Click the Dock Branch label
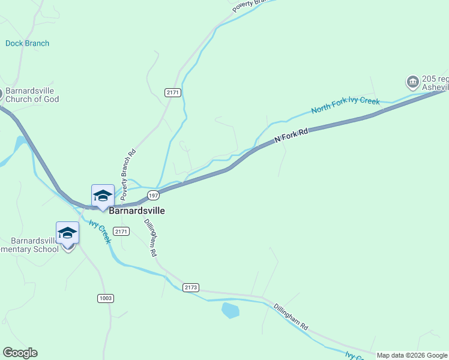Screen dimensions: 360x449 tap(27, 43)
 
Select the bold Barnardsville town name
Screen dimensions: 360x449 tap(137, 211)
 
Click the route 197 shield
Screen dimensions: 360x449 tap(154, 196)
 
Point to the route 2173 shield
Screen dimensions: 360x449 tap(190, 287)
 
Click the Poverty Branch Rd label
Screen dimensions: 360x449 tap(128, 173)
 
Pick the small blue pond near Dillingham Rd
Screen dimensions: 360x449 tap(231, 310)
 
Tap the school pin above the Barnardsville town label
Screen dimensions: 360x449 tap(103, 196)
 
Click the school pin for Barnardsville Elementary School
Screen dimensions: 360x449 tap(67, 233)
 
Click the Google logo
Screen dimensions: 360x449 tap(20, 353)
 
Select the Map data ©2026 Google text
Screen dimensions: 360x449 tap(412, 355)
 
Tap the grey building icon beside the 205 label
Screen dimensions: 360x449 tap(412, 82)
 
